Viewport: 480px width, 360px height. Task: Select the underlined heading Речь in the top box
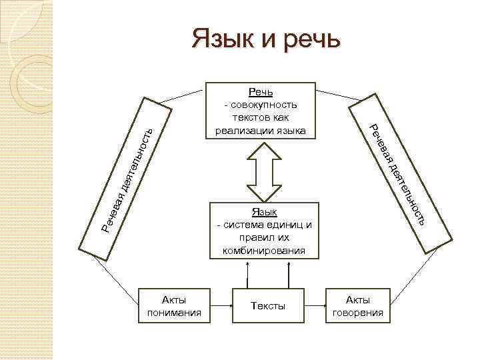pos(261,91)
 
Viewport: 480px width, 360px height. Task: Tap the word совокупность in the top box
pos(261,105)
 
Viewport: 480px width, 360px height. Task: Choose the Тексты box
pos(268,306)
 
